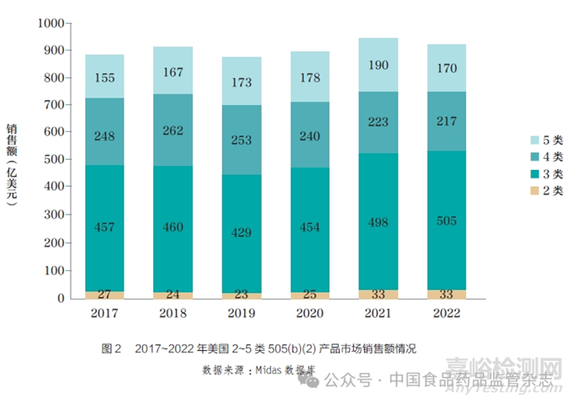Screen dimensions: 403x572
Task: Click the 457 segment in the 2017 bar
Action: [x=104, y=227]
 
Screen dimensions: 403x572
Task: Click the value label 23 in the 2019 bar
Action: [x=241, y=295]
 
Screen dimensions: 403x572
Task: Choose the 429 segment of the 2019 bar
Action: [x=241, y=233]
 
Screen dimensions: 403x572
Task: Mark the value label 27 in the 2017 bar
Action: [x=104, y=294]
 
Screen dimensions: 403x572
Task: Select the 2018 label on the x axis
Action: [x=172, y=313]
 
